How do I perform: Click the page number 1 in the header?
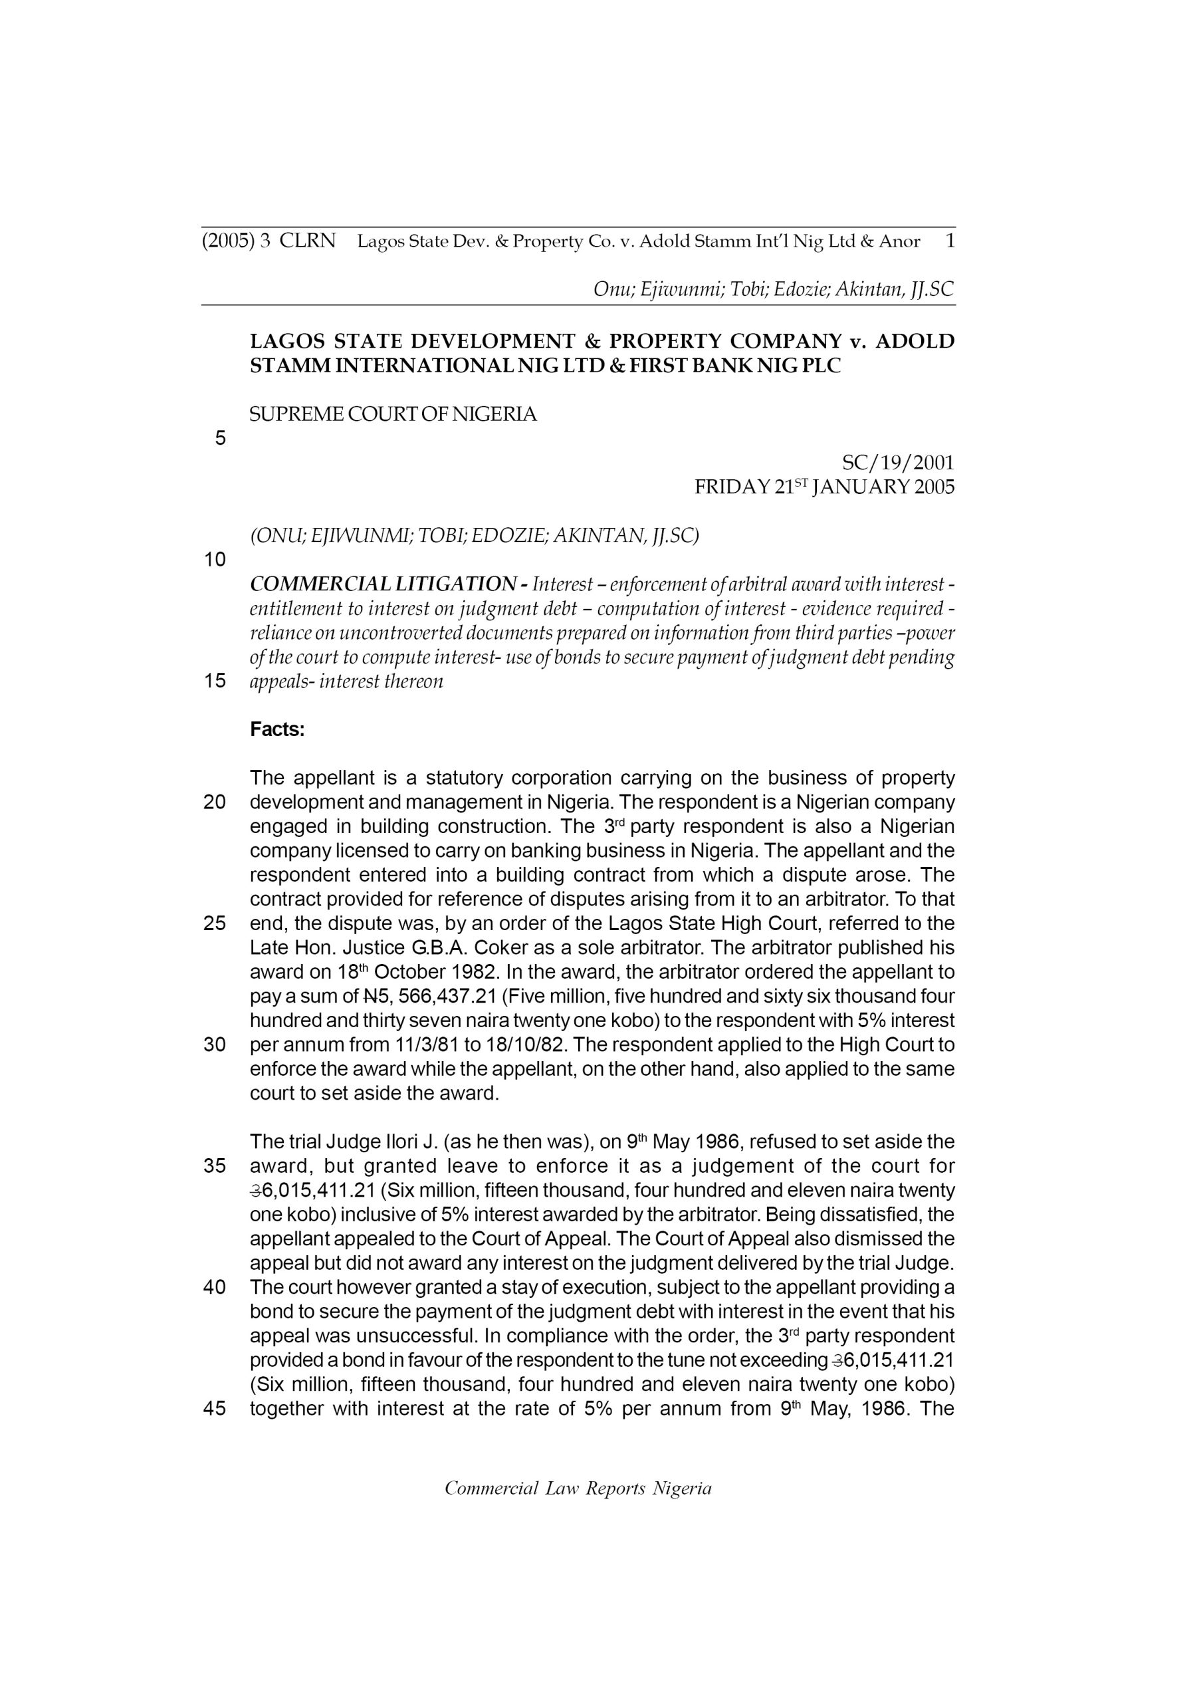point(950,241)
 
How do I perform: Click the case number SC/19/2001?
point(899,463)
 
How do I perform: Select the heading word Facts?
point(277,729)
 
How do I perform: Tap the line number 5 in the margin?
point(220,438)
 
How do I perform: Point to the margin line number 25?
point(215,923)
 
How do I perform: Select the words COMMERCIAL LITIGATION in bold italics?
point(383,584)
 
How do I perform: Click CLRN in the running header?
point(308,241)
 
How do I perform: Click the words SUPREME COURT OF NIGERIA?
point(393,414)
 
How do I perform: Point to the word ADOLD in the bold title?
point(915,342)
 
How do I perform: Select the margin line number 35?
point(215,1166)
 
